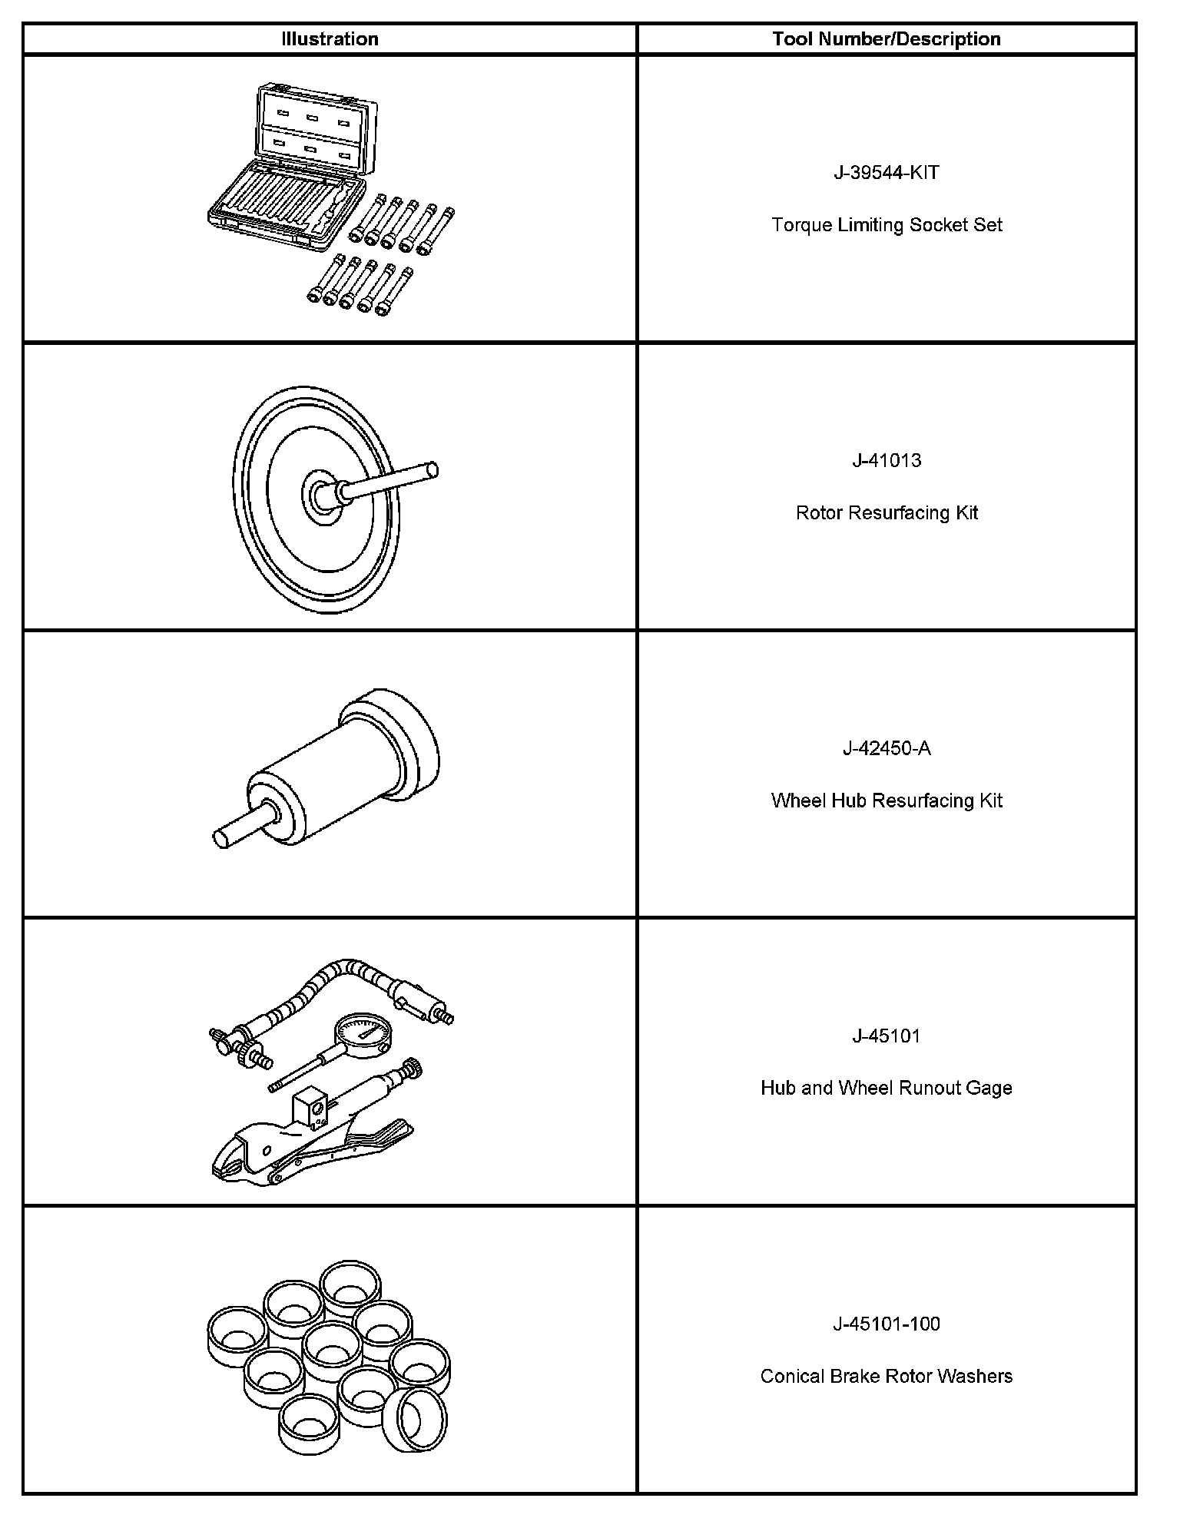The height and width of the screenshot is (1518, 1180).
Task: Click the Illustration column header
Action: click(330, 39)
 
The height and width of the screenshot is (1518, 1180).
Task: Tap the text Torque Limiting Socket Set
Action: click(887, 225)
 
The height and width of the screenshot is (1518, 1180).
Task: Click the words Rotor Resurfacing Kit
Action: click(887, 512)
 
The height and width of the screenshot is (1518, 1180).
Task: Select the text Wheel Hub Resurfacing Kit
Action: click(887, 800)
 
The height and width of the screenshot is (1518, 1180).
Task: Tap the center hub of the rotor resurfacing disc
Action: click(320, 496)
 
